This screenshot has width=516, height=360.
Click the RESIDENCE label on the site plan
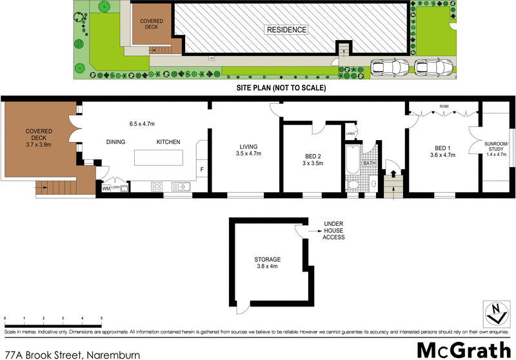pos(287,30)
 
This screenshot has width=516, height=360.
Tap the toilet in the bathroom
pos(352,185)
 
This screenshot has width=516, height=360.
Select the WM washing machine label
pos(106,188)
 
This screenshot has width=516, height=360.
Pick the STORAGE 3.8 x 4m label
pos(267,263)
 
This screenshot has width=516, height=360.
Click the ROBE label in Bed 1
pos(444,106)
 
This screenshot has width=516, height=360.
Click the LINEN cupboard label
pos(351,134)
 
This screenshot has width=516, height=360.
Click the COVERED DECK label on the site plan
pos(152,25)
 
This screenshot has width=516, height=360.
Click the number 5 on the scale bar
pos(101,319)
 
